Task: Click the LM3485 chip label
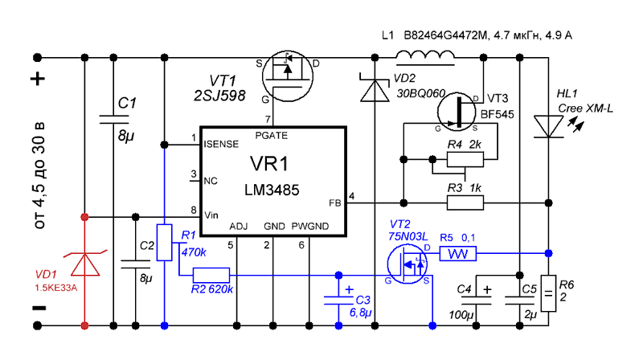272,190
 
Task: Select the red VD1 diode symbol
85,264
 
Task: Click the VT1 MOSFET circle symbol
288,76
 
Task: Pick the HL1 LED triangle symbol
549,127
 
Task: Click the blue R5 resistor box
458,253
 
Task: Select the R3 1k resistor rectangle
465,203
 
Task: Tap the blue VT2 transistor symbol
407,264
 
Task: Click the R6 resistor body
549,293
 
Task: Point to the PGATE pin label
271,135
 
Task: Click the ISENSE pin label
221,145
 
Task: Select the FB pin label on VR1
334,203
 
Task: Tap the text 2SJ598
219,96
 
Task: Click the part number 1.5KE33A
55,288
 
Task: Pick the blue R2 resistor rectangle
211,275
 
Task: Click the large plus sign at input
38,78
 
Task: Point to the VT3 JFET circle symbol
457,112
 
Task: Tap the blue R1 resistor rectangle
165,243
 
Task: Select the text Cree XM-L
585,108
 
